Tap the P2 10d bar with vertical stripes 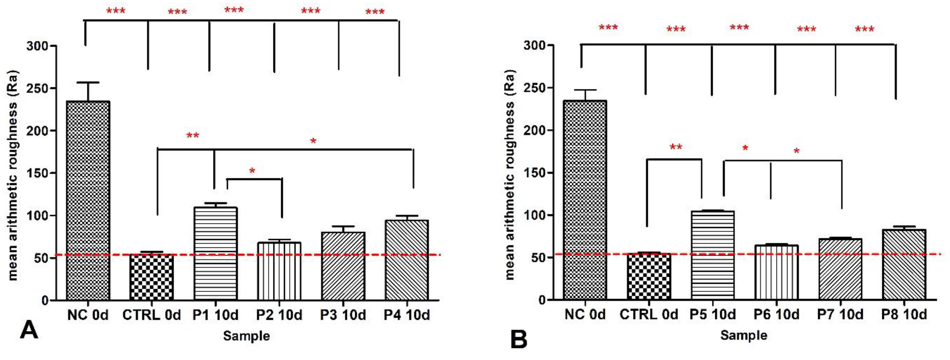click(279, 271)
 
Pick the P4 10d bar click(406, 260)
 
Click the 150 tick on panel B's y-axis click(534, 172)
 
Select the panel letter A click(29, 330)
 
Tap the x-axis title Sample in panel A click(246, 336)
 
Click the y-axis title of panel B click(510, 175)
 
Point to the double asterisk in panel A click(193, 136)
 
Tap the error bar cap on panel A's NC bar click(88, 82)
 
